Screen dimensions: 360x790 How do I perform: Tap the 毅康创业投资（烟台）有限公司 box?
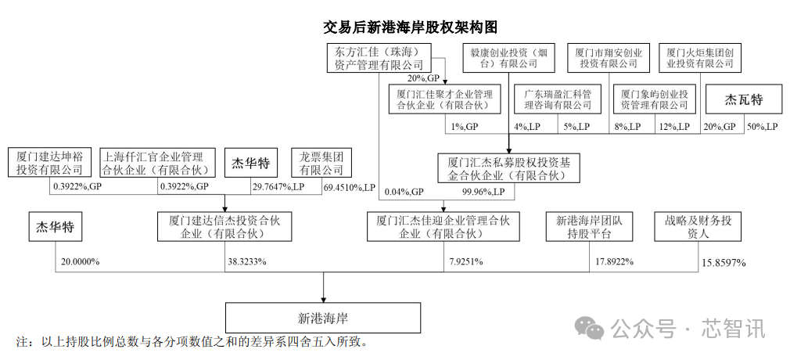508,58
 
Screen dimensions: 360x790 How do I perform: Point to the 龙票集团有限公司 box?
321,162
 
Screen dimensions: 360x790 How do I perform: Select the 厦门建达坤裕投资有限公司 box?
49,162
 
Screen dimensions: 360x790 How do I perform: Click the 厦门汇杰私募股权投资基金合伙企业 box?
509,168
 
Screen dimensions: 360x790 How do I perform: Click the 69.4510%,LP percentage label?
349,188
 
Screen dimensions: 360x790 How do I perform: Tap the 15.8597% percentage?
723,263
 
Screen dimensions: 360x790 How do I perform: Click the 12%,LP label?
673,126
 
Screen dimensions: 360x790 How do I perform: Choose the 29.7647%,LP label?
278,188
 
